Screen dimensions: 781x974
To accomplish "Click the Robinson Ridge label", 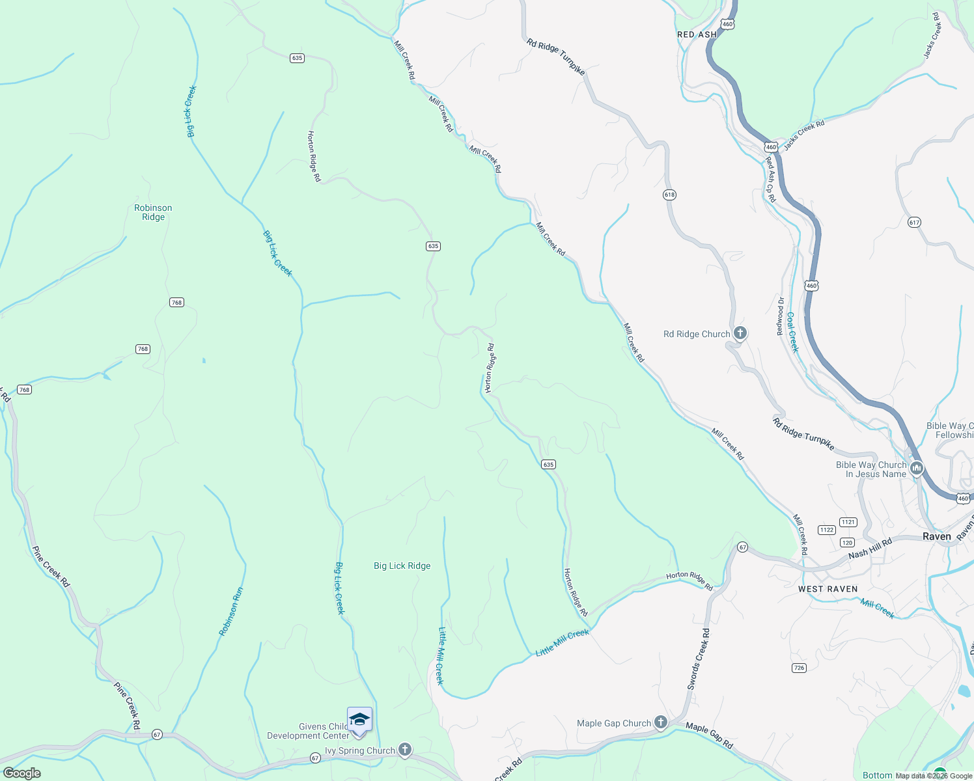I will [x=153, y=213].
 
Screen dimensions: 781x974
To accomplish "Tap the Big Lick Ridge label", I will [x=402, y=566].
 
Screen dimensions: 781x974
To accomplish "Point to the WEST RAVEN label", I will [x=828, y=589].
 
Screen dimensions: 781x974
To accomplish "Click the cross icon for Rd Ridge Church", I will [x=740, y=334].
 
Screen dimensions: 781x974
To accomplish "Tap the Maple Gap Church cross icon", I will [x=660, y=722].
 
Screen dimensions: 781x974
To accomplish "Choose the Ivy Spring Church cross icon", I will [x=405, y=750].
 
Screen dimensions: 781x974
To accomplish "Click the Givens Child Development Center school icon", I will [x=359, y=720].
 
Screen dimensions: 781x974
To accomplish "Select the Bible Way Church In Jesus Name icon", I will [x=917, y=468].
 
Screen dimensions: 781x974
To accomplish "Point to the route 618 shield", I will [x=669, y=195].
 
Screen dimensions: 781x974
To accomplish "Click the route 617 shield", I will [x=914, y=223].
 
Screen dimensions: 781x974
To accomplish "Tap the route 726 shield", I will [x=800, y=668].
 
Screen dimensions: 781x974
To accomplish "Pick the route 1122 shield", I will [x=827, y=530].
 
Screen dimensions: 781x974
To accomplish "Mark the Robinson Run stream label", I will [x=231, y=612].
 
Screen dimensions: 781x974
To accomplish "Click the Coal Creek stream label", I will [x=792, y=332].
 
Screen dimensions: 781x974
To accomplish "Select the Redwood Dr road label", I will [x=781, y=316].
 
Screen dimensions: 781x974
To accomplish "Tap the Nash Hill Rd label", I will [x=870, y=549].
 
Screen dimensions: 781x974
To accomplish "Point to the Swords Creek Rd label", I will [x=698, y=659].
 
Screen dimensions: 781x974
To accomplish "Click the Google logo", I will [x=21, y=773].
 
